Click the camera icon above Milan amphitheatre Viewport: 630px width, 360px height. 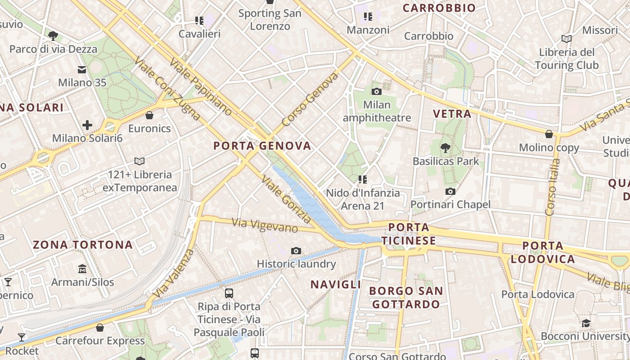[377, 92]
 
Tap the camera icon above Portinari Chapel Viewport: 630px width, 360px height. [450, 192]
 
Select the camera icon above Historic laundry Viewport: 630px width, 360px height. [296, 251]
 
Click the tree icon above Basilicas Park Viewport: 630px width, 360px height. [445, 147]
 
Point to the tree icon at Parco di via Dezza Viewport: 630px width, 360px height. [53, 36]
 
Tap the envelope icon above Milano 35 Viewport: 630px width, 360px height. [82, 70]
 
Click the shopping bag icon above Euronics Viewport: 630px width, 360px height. [149, 116]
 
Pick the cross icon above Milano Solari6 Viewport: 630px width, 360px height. [87, 125]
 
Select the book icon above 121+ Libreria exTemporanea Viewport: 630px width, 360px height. [139, 161]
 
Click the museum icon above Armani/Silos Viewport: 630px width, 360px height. [82, 269]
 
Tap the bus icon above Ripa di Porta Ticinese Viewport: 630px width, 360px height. [229, 293]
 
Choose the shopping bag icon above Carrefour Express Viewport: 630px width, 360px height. [100, 328]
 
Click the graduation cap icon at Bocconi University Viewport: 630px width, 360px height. [586, 323]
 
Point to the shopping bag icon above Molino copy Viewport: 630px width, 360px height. [549, 134]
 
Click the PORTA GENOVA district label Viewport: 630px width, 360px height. [262, 146]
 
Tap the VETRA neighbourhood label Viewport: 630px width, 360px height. [452, 114]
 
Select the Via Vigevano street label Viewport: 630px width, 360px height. [265, 225]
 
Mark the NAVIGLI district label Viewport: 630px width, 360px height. [336, 284]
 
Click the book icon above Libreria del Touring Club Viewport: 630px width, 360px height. [567, 39]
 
